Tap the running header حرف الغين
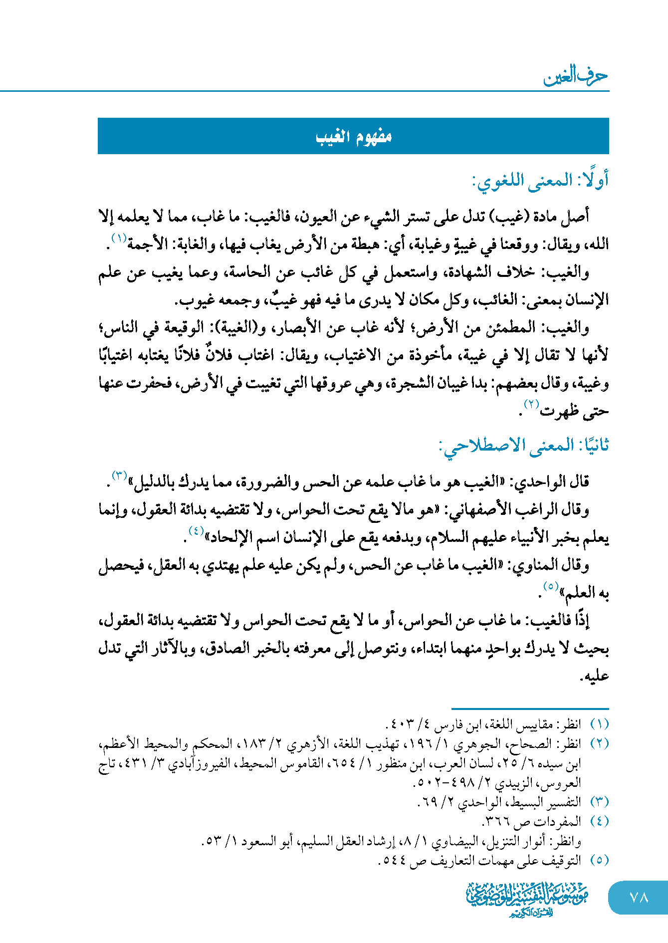tap(576, 77)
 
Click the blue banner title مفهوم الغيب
tap(353, 136)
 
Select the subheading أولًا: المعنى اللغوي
tap(540, 181)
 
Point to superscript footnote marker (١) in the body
tap(119, 238)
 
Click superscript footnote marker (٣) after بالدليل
tap(119, 474)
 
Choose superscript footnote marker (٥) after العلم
tap(550, 586)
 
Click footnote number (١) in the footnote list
tap(599, 724)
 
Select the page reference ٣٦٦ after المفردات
tap(496, 821)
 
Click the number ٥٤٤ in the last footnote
tap(394, 861)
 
